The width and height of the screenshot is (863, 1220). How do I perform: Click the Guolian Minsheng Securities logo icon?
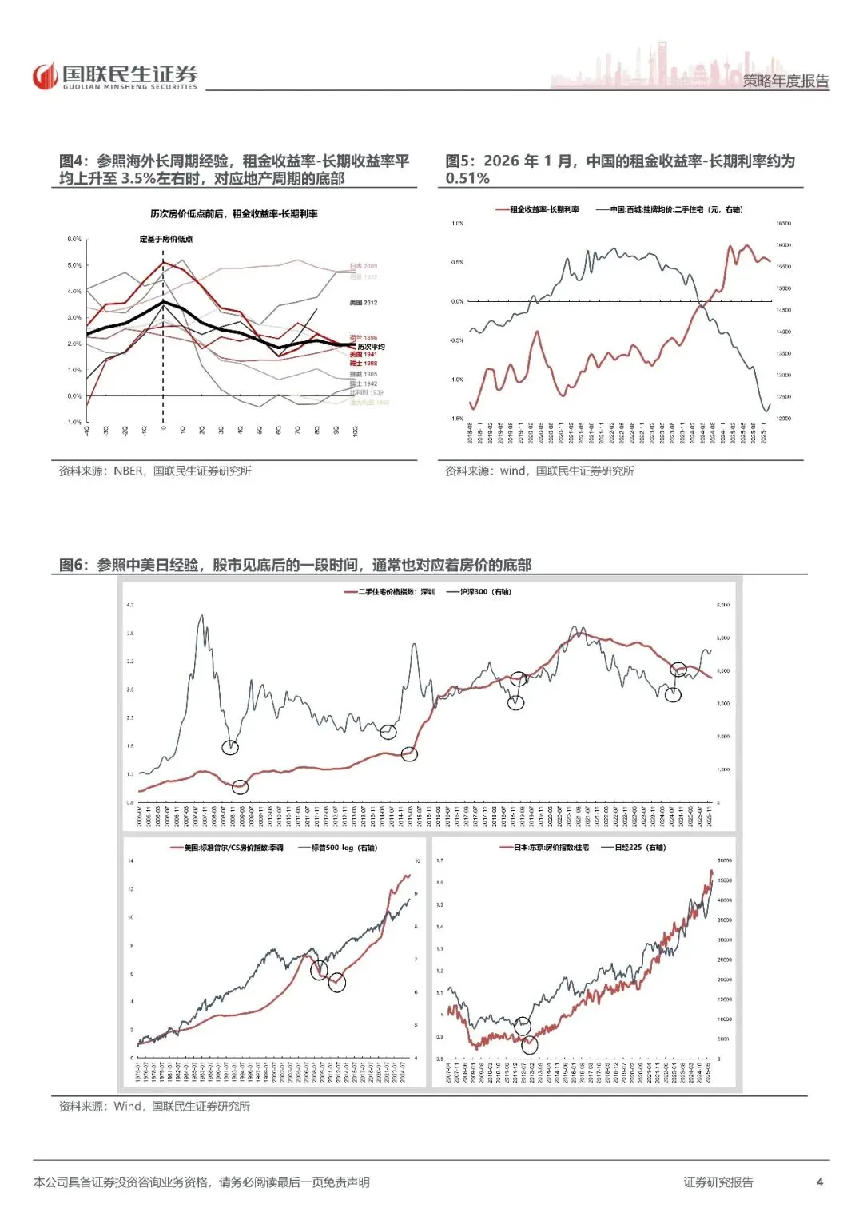[46, 76]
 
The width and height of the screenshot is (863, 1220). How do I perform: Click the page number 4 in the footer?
[820, 1182]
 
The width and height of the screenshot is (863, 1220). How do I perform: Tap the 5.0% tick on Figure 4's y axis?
[74, 265]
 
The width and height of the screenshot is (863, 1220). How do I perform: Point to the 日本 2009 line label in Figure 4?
[364, 266]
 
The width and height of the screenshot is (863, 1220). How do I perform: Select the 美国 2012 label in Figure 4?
[364, 303]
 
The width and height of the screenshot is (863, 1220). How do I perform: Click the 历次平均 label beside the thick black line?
[371, 347]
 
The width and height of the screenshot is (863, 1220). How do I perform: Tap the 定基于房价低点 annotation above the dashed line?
[166, 239]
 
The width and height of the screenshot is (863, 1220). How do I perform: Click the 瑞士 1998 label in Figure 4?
[364, 364]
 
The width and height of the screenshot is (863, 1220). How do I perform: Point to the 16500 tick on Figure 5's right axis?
[784, 224]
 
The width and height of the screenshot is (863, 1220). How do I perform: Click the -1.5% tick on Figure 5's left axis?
[456, 419]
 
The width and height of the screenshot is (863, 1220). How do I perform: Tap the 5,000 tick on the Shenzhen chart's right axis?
[723, 638]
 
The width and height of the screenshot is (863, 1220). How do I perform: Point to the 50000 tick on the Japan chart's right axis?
[724, 860]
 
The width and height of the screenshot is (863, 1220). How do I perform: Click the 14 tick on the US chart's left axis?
[131, 860]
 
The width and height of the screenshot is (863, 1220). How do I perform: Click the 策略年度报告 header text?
[785, 81]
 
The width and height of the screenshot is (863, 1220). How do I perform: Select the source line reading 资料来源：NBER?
[154, 471]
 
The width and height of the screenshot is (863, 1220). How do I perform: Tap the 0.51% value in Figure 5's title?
[467, 178]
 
